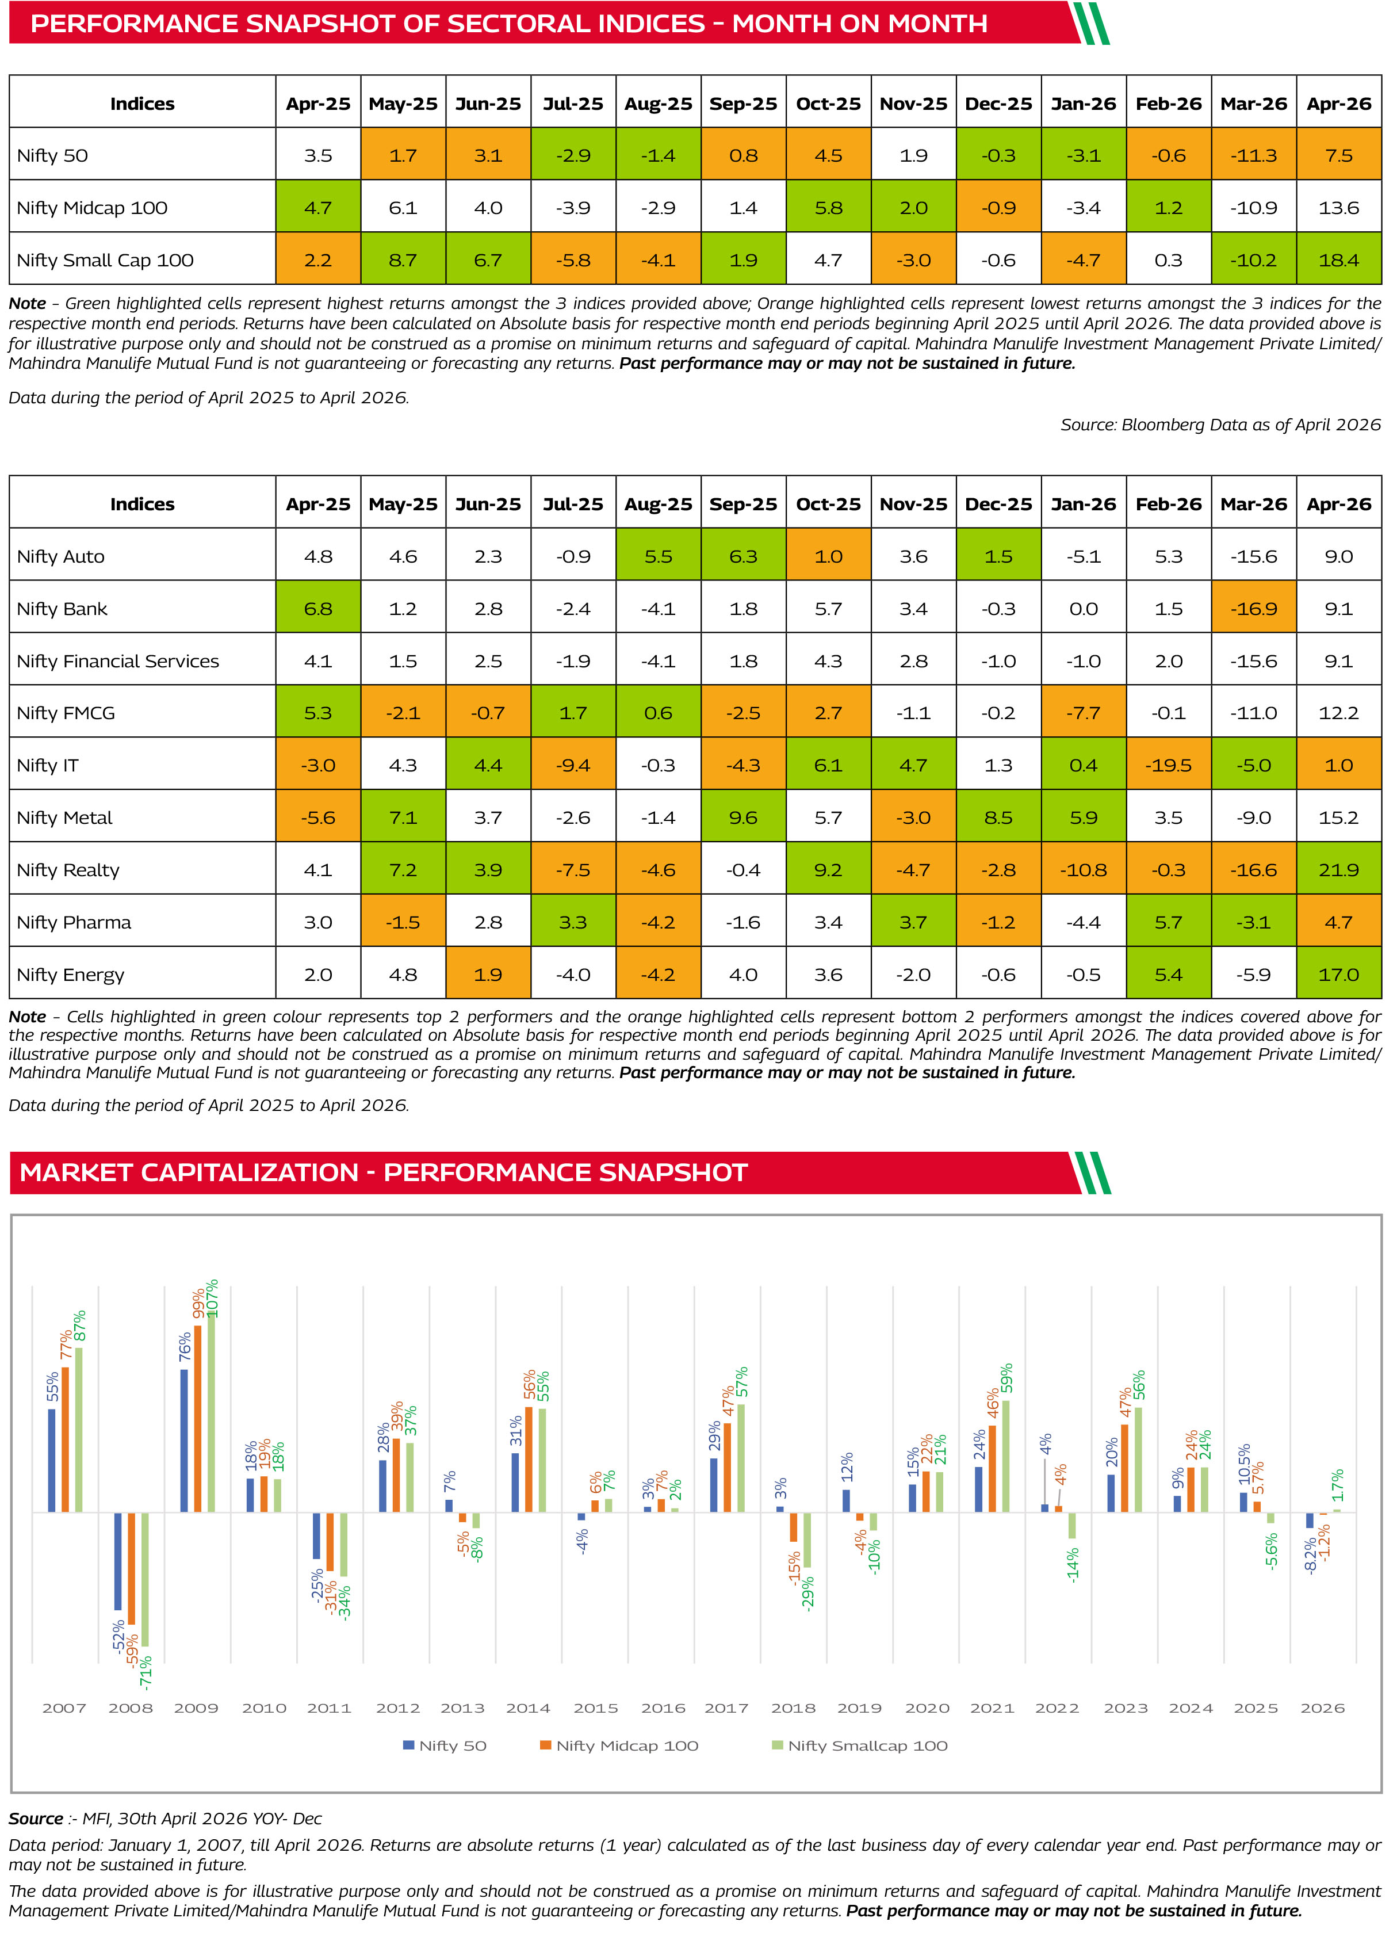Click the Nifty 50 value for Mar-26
[x=1253, y=156]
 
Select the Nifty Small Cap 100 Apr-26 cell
[x=1338, y=259]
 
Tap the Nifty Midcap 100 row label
[x=92, y=207]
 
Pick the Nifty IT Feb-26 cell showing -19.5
[x=1168, y=765]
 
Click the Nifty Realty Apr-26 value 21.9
[x=1338, y=870]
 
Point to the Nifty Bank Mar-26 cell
[x=1253, y=608]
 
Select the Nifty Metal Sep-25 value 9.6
[x=743, y=818]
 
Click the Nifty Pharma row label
[x=74, y=922]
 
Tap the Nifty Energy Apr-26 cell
[x=1338, y=974]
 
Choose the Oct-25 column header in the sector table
[x=828, y=504]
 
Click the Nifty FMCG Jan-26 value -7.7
[x=1083, y=712]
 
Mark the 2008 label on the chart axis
[x=130, y=1707]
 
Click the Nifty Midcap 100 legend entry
[x=618, y=1745]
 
